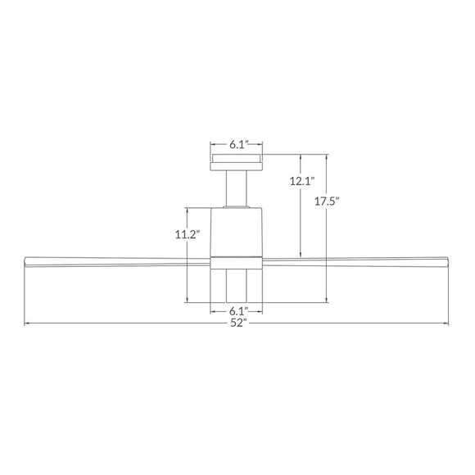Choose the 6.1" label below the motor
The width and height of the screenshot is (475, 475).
(237, 311)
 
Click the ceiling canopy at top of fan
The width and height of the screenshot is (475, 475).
(237, 161)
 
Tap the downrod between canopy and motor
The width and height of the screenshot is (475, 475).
(237, 188)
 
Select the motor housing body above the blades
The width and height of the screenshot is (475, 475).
(237, 231)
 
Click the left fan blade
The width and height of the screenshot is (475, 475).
(115, 260)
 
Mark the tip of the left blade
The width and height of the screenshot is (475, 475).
(27, 260)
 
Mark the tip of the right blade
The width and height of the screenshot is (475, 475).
(448, 260)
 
